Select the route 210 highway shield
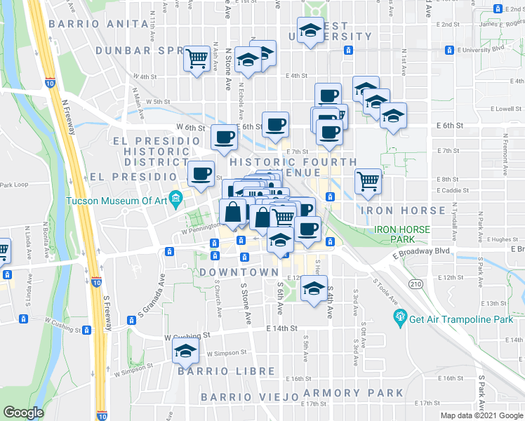click(x=416, y=282)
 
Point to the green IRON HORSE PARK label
click(x=402, y=234)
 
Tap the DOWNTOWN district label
click(x=239, y=272)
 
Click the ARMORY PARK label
click(x=343, y=393)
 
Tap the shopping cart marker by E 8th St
click(x=368, y=181)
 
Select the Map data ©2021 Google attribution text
click(x=481, y=415)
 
